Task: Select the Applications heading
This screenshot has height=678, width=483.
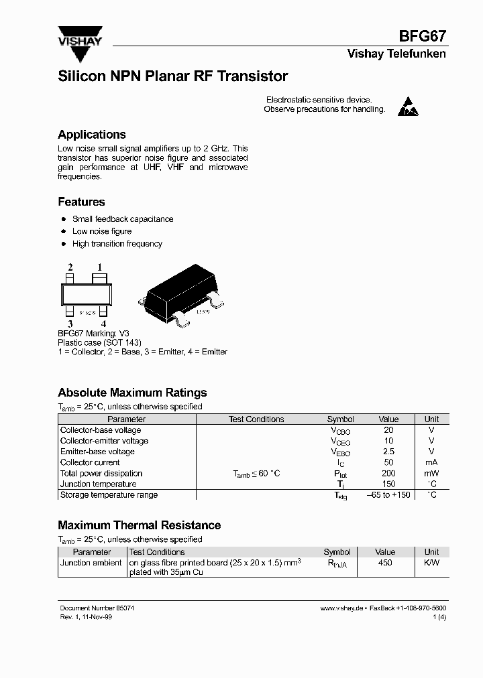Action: coord(92,135)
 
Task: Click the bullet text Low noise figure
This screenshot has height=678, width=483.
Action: coord(102,231)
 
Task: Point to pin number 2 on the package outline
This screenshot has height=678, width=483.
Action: coord(70,267)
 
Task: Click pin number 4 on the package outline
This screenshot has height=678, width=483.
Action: coord(103,324)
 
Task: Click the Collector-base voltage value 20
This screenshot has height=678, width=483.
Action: coord(388,430)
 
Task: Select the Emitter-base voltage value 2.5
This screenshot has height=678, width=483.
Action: coord(388,452)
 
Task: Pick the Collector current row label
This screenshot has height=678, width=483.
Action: coord(90,462)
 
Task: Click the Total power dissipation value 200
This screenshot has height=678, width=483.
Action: coord(388,473)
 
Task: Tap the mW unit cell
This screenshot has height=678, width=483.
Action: coord(432,473)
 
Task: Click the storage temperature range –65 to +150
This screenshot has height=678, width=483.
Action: coord(388,495)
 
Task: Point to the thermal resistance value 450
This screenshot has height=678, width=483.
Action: coord(385,563)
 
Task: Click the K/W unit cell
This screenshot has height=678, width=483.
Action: coord(432,563)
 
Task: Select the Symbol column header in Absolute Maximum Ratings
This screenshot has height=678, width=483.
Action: coord(341,419)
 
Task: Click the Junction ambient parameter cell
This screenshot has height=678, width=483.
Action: coord(91,563)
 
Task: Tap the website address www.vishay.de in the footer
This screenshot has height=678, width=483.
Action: coord(341,608)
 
